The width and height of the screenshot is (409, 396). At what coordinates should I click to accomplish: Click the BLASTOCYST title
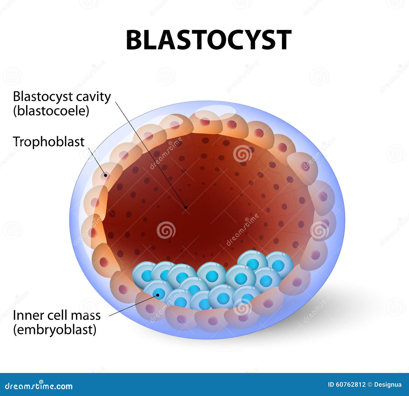(x=208, y=40)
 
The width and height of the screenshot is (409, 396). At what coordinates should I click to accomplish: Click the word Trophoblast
(x=49, y=142)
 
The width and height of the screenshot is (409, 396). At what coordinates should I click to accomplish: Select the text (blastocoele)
(x=51, y=111)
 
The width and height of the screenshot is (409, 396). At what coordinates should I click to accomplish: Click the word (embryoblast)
(x=55, y=330)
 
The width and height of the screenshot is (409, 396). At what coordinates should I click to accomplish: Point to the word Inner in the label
(x=24, y=315)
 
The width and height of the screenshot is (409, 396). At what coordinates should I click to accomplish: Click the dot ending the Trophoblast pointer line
(x=105, y=175)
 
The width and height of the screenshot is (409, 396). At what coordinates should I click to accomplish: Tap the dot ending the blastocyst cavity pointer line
(x=186, y=207)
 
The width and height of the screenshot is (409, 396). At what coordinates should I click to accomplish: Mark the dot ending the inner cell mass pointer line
(x=158, y=295)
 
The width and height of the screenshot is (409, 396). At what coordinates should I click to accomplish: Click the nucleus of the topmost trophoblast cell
(x=205, y=122)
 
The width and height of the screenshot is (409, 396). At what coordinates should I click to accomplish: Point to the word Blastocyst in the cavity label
(x=40, y=97)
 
